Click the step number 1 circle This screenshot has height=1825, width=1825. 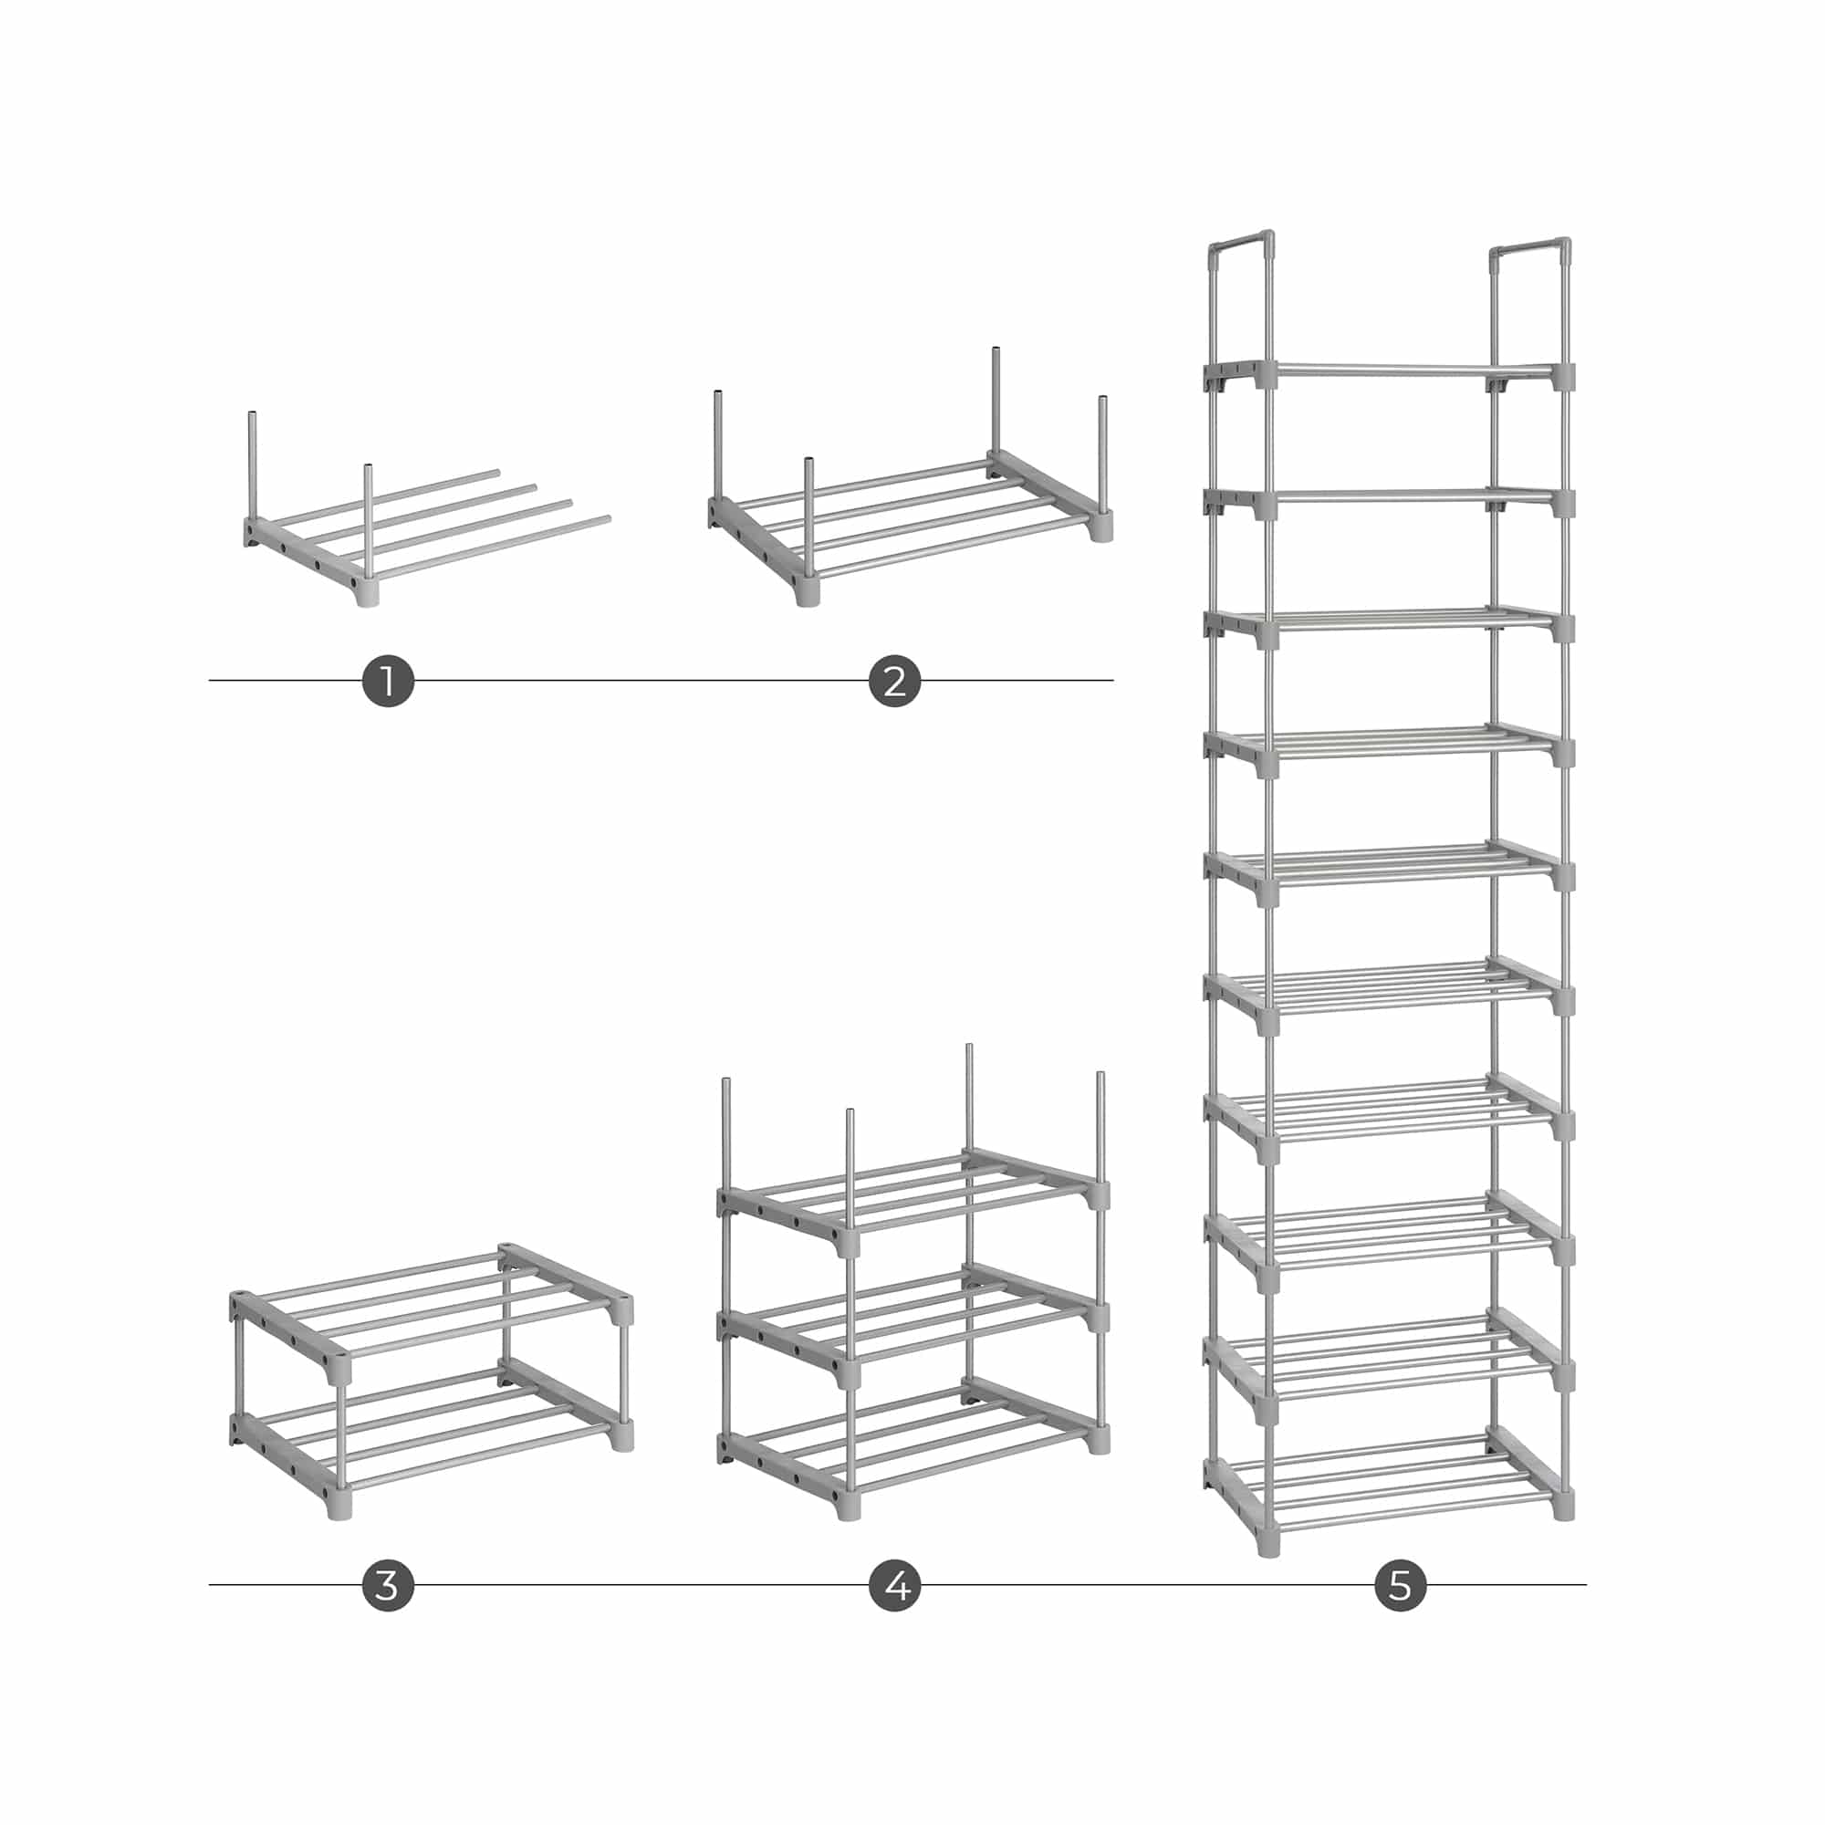click(x=387, y=679)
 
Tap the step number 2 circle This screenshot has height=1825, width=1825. click(x=894, y=679)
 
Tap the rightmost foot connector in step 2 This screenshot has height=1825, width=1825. click(x=1101, y=527)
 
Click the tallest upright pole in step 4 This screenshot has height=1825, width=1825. click(x=969, y=1097)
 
